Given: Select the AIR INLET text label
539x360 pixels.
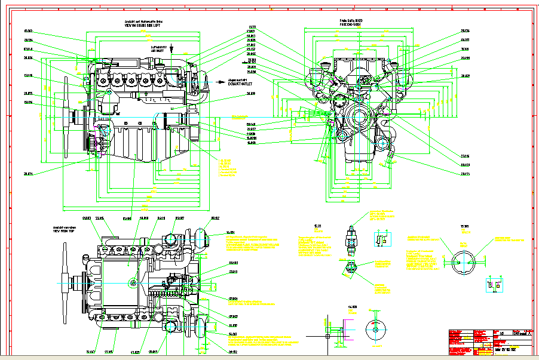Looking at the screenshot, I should click(157, 52).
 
